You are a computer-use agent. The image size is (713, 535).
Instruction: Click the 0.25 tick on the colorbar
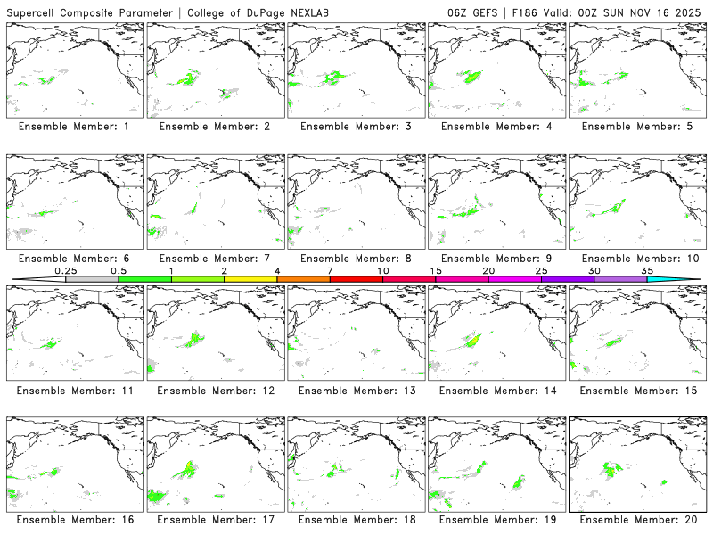66,278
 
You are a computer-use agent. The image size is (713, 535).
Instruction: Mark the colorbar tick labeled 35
646,278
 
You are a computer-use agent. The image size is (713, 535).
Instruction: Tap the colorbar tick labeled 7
330,278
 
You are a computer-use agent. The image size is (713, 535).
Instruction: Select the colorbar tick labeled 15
435,278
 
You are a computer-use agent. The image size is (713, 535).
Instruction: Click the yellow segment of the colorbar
250,279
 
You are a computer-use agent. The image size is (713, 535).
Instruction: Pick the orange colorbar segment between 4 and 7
303,279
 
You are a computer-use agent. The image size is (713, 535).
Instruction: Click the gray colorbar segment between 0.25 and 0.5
92,279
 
